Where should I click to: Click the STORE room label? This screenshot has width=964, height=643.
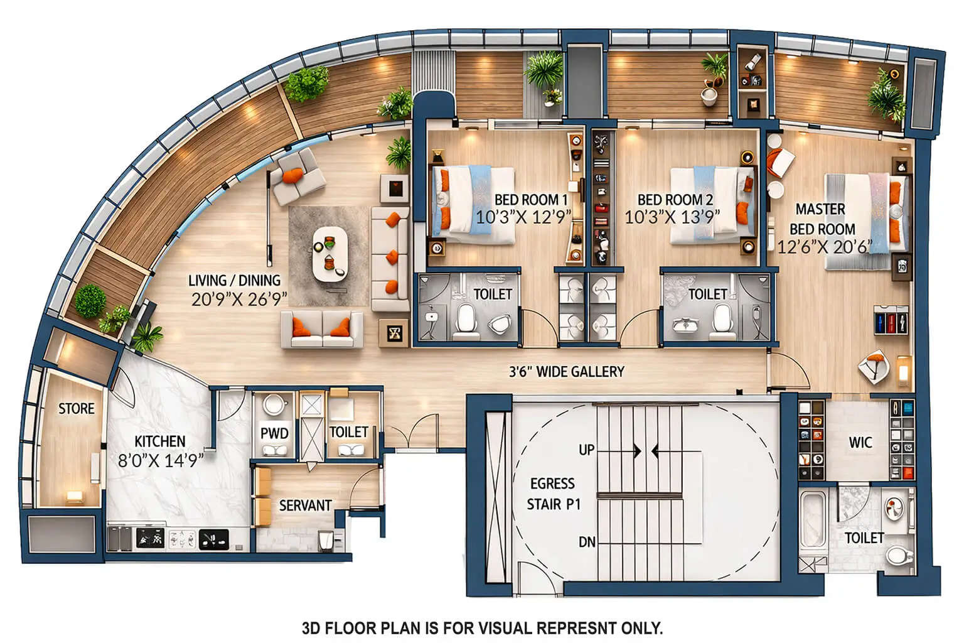click(x=77, y=409)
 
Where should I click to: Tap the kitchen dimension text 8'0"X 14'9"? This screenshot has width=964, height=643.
click(x=161, y=460)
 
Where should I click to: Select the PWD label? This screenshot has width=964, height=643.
click(x=274, y=433)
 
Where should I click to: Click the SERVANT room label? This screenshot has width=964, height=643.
click(x=305, y=505)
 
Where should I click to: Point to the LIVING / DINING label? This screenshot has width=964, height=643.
click(x=235, y=281)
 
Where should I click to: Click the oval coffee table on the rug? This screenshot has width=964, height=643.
click(x=330, y=254)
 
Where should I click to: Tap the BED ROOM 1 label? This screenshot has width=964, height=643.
click(x=531, y=200)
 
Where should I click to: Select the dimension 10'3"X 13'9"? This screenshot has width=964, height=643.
click(x=672, y=217)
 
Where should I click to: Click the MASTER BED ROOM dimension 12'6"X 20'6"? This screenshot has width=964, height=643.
click(x=825, y=247)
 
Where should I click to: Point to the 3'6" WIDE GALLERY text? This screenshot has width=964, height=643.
click(x=566, y=372)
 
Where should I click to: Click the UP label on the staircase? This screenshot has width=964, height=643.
click(x=586, y=450)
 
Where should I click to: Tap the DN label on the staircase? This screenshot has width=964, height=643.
click(x=586, y=542)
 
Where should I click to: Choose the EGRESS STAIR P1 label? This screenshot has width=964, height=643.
click(x=552, y=494)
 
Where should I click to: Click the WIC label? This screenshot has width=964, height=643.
click(x=860, y=443)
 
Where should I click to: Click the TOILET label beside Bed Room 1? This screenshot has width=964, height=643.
click(x=493, y=294)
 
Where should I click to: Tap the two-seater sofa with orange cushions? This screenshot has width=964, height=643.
click(x=322, y=330)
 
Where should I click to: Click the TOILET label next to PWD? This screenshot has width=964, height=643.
click(x=348, y=432)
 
